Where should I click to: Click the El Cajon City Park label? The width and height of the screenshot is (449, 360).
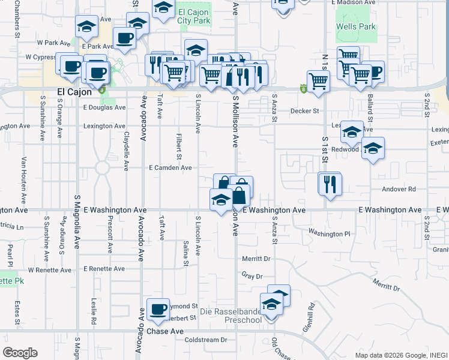pos(194,16)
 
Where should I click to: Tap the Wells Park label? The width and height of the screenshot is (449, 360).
pos(356,26)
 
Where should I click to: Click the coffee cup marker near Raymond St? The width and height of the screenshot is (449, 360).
pos(157,310)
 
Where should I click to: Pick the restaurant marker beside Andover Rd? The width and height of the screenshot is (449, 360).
pos(330,184)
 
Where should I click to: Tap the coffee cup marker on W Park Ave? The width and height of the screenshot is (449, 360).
pos(124,39)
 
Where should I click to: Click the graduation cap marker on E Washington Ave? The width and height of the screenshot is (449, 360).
pos(221,200)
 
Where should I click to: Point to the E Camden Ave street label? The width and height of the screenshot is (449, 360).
pos(170,168)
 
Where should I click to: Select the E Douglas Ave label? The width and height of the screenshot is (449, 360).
pos(104,108)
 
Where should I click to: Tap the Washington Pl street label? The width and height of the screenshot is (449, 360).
pos(329,233)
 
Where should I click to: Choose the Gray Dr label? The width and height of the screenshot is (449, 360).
pos(252,277)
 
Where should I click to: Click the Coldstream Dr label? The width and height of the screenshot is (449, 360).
pos(205,340)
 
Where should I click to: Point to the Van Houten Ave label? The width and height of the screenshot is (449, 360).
pos(24,180)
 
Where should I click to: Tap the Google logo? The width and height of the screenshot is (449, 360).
pos(20,353)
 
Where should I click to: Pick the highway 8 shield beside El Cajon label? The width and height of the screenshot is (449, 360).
pos(101,91)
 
